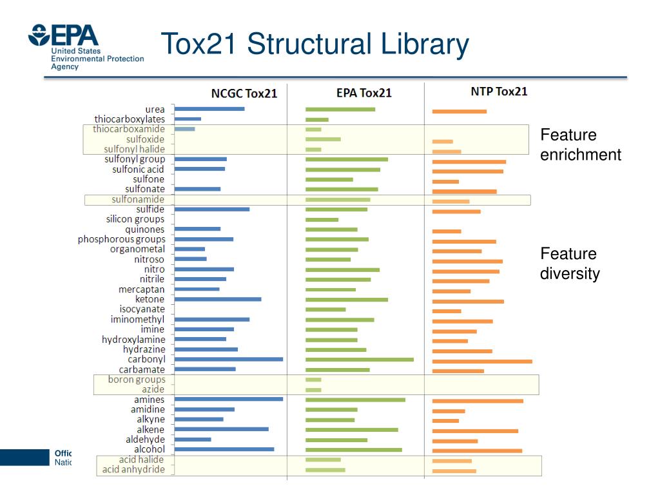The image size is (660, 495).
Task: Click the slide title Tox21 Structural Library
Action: (x=315, y=44)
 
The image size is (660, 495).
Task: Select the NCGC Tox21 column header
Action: (x=244, y=93)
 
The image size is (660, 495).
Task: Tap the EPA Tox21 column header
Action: (x=364, y=93)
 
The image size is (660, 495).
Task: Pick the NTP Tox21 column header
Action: (x=499, y=92)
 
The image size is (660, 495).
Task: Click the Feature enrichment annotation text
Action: (x=580, y=145)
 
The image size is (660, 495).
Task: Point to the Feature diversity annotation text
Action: (x=570, y=264)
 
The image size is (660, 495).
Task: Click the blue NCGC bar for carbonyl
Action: (x=229, y=359)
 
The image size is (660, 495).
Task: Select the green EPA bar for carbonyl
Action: (x=359, y=359)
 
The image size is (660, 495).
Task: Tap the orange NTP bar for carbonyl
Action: (x=481, y=362)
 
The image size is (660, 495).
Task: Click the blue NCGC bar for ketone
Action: (x=218, y=299)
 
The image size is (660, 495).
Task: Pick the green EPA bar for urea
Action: (x=340, y=109)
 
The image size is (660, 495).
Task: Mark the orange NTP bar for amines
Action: (x=477, y=401)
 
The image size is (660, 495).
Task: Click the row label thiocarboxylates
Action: (x=130, y=119)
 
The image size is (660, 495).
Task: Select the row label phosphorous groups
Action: (x=121, y=239)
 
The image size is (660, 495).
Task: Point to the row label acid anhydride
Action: (x=133, y=469)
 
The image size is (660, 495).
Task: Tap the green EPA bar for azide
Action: (x=313, y=389)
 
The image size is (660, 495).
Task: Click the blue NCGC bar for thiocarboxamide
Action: (x=184, y=129)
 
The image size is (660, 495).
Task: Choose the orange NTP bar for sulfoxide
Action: (x=442, y=141)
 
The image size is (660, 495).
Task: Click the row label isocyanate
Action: (x=142, y=309)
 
